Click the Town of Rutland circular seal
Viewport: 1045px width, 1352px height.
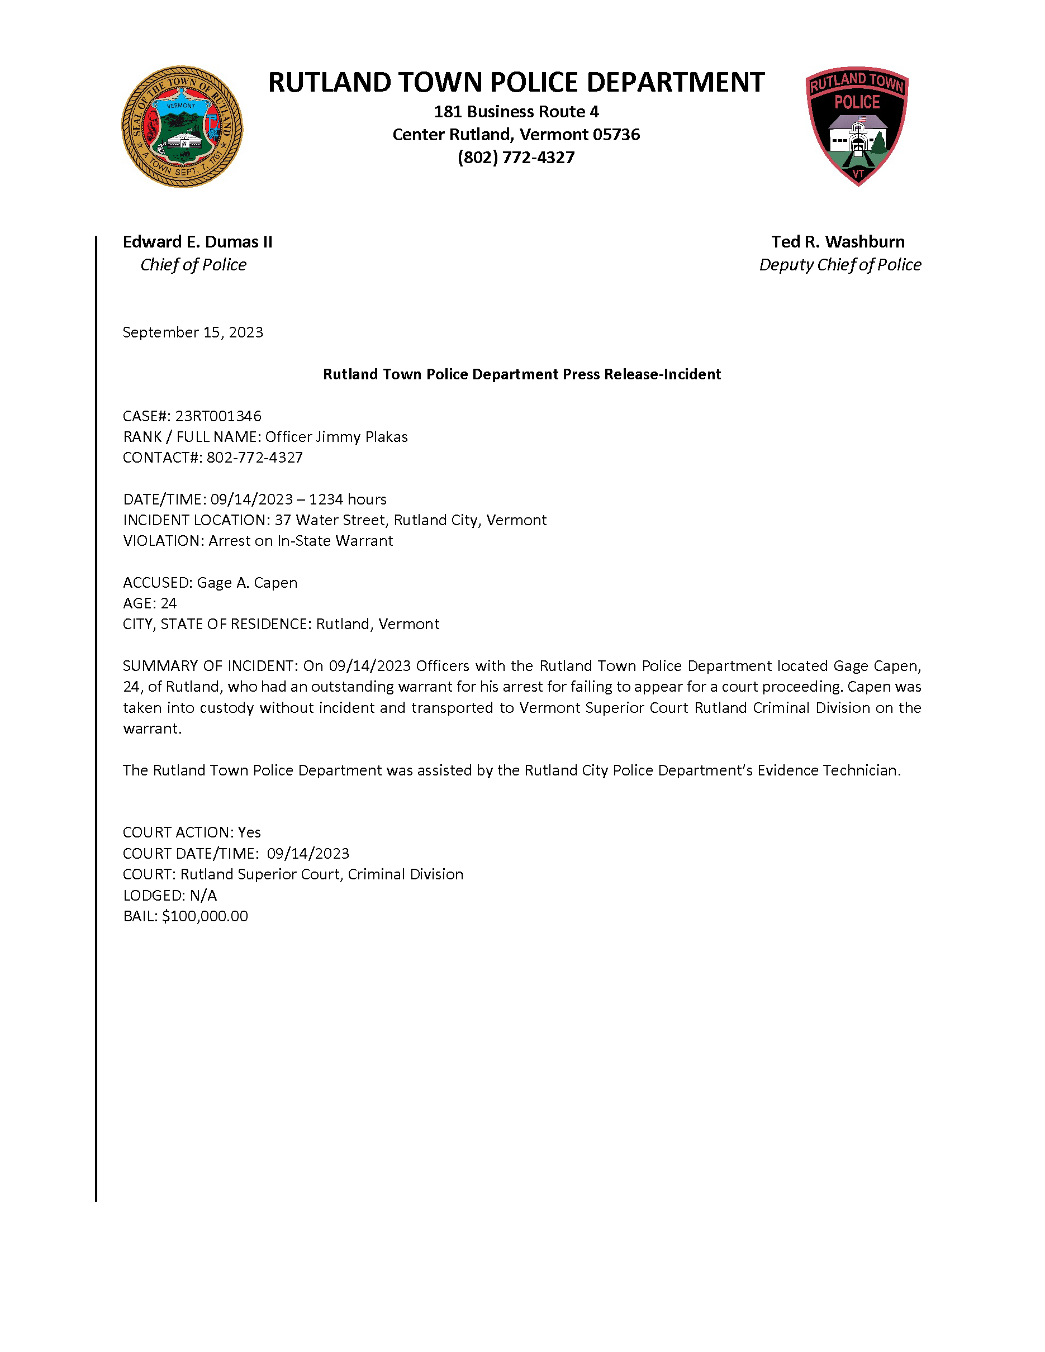coord(182,127)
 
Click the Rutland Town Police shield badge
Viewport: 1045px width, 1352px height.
coord(857,126)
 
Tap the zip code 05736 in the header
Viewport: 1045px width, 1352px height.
coord(616,135)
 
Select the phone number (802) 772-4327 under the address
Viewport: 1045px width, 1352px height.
coord(516,158)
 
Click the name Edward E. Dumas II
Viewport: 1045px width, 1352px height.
coord(197,242)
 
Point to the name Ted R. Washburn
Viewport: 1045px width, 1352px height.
coord(838,242)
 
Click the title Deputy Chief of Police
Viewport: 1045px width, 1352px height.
coord(840,265)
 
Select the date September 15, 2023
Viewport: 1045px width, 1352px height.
coord(193,332)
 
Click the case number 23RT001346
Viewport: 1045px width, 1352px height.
coord(218,416)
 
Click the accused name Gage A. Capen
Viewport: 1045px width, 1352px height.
coord(247,583)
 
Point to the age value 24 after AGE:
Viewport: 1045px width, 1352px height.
coord(168,603)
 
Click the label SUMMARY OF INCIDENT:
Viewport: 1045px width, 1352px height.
coord(210,666)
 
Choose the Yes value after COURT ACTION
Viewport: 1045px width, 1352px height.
coord(249,832)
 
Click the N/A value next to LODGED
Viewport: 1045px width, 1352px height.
coord(203,896)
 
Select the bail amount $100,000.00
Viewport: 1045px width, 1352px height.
coord(205,916)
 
